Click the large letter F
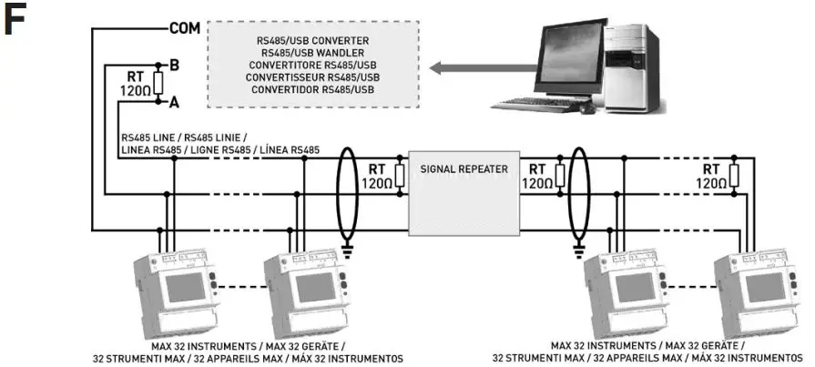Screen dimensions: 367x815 point(19,22)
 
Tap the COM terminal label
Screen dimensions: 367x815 point(184,27)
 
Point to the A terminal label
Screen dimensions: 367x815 point(173,104)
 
